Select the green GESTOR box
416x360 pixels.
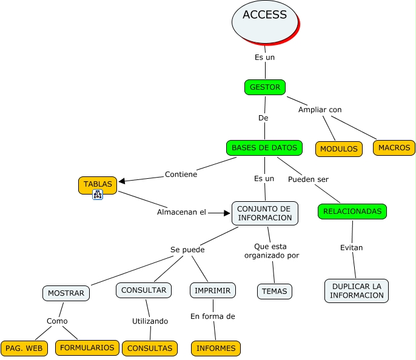(265, 87)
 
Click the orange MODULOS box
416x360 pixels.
(338, 149)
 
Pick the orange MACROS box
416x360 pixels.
(394, 147)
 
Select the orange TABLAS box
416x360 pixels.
(98, 184)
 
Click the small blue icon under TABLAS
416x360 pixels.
(98, 195)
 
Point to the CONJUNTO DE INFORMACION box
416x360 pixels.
(264, 213)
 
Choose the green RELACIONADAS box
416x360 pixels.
(352, 212)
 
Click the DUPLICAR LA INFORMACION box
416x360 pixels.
(357, 290)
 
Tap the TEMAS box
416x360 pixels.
(275, 291)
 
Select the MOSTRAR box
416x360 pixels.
(66, 293)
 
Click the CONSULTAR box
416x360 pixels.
(144, 290)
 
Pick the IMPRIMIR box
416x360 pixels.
(212, 291)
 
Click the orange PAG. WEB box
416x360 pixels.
(24, 348)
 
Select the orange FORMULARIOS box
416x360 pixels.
(87, 347)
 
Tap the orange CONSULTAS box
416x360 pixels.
(150, 348)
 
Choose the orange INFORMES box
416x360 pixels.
(216, 348)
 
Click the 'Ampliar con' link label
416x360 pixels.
(320, 110)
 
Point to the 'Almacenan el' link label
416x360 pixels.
(181, 212)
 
